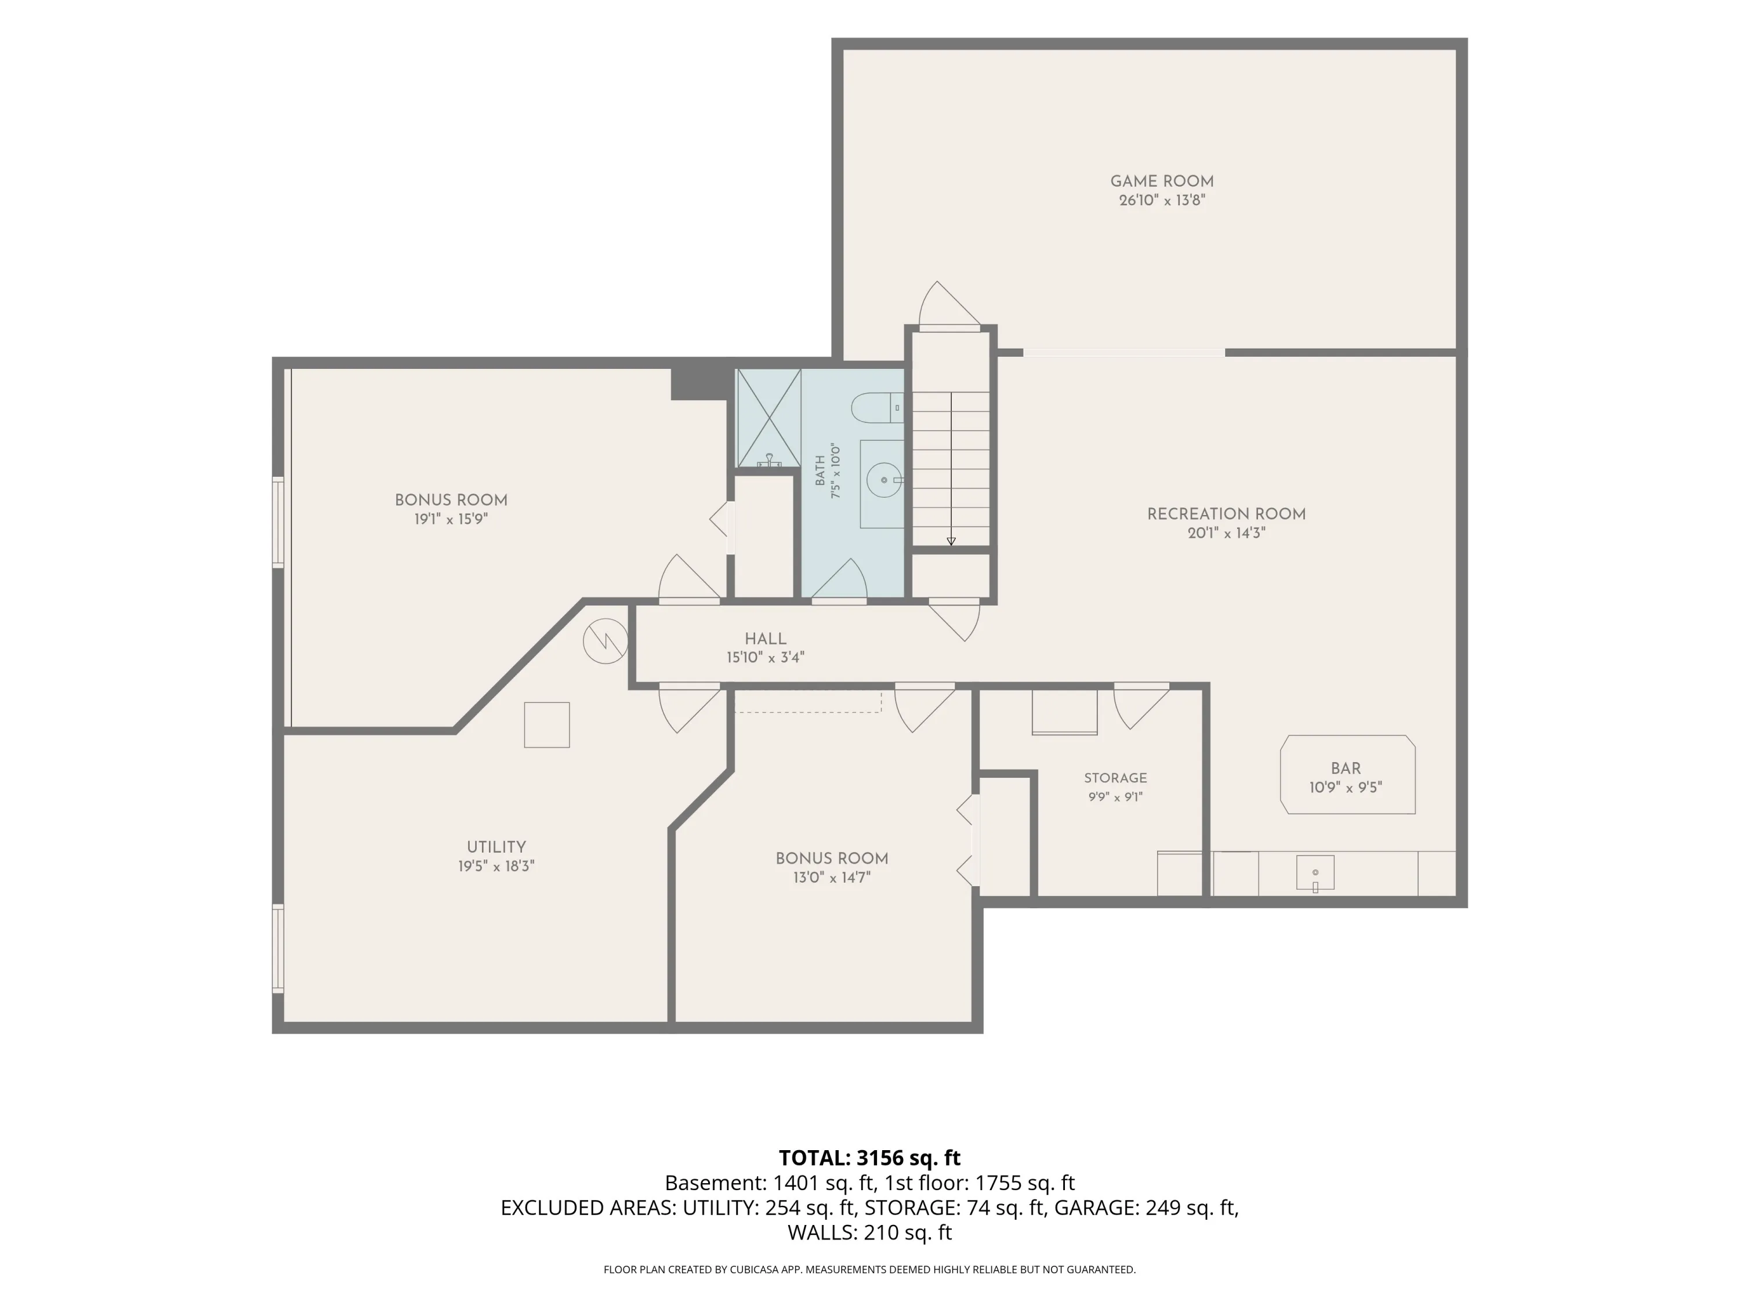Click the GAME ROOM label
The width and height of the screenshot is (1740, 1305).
(1162, 182)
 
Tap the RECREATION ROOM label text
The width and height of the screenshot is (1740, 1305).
(1226, 514)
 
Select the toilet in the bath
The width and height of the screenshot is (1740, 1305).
(876, 408)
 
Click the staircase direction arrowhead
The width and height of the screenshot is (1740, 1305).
(951, 541)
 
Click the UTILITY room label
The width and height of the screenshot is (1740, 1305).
(496, 847)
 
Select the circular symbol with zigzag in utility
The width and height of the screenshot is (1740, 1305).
(605, 641)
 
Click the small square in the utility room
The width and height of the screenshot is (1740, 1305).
(547, 724)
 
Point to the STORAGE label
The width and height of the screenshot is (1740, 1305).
(1115, 778)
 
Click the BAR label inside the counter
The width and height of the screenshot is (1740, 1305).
(1346, 768)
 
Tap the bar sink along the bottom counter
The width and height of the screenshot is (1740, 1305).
(1315, 873)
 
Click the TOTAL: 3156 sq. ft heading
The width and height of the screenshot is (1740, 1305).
(869, 1158)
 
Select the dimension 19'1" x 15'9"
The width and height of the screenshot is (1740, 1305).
(451, 519)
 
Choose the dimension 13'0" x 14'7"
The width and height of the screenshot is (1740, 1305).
(832, 878)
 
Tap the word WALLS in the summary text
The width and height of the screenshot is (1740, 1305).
(822, 1232)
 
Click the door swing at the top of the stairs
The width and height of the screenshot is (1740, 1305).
(949, 305)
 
